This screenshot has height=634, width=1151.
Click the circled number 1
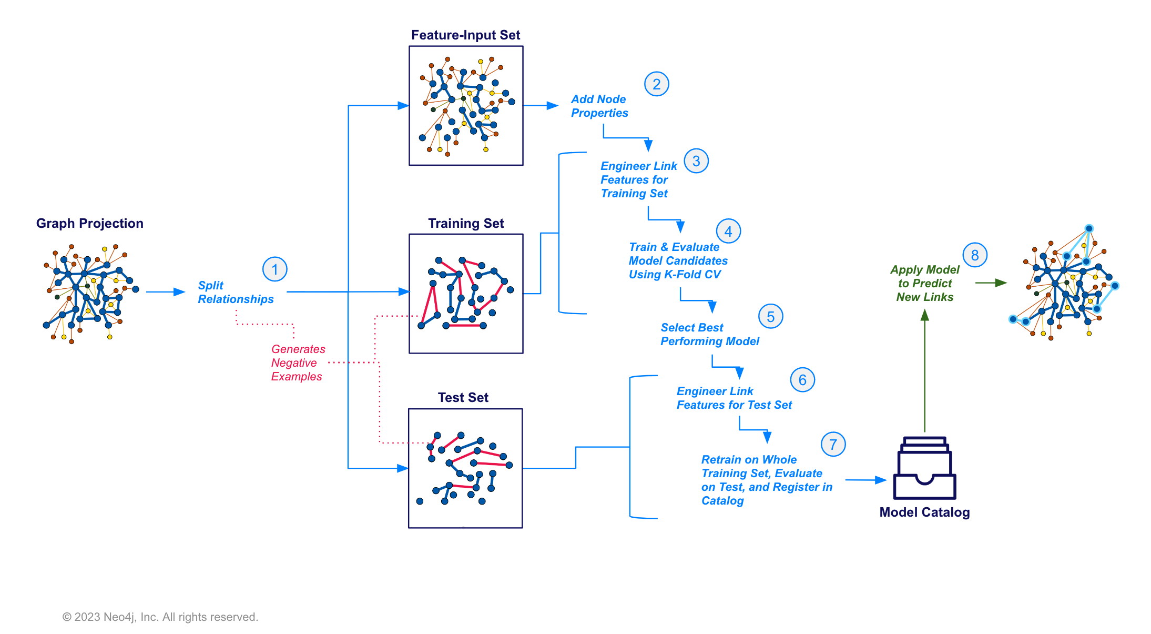pyautogui.click(x=274, y=269)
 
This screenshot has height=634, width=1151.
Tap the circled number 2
pyautogui.click(x=656, y=84)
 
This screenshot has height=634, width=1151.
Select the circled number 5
pyautogui.click(x=770, y=317)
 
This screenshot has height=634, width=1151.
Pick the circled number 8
pyautogui.click(x=974, y=255)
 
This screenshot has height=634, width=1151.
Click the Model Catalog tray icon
pyautogui.click(x=924, y=468)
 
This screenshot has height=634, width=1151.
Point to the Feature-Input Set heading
pyautogui.click(x=465, y=35)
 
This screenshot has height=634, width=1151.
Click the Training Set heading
pyautogui.click(x=465, y=224)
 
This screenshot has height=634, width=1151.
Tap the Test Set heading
pyautogui.click(x=463, y=398)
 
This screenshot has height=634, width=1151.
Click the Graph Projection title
pyautogui.click(x=89, y=224)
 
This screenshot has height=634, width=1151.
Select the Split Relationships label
pyautogui.click(x=235, y=293)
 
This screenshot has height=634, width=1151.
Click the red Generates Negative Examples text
pyautogui.click(x=297, y=363)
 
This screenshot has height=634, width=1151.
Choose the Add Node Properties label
pyautogui.click(x=599, y=106)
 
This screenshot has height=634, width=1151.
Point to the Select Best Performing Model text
pyautogui.click(x=709, y=335)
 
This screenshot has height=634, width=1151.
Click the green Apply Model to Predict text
pyautogui.click(x=924, y=284)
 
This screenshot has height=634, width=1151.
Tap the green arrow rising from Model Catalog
pyautogui.click(x=924, y=368)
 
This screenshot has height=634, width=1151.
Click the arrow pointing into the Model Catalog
pyautogui.click(x=865, y=480)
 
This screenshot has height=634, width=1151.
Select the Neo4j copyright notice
pyautogui.click(x=160, y=617)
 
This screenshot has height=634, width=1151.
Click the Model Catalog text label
pyautogui.click(x=924, y=512)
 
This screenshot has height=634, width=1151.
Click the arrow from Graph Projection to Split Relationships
pyautogui.click(x=165, y=291)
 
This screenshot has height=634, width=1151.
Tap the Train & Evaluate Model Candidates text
pyautogui.click(x=678, y=261)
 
